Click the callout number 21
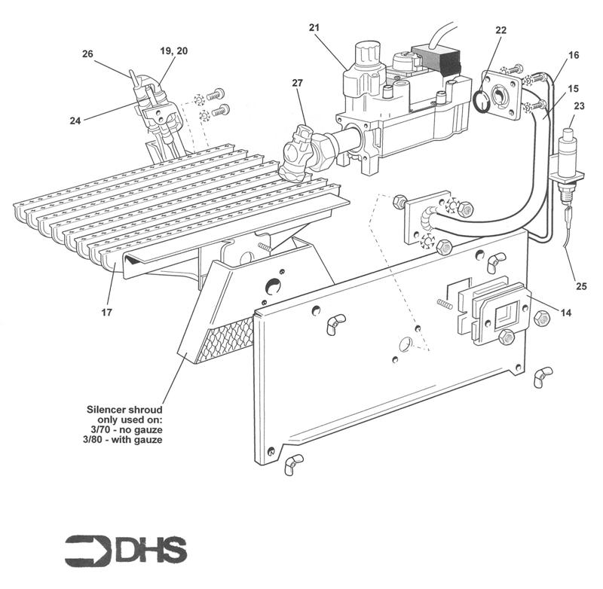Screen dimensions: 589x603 [314, 28]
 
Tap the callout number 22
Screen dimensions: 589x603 [501, 30]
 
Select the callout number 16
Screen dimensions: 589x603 [574, 55]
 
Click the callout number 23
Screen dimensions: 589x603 [579, 105]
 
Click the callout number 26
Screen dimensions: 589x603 [87, 53]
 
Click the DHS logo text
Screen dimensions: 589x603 [151, 551]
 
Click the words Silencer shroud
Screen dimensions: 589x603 [124, 409]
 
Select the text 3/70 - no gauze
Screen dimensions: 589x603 [127, 429]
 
